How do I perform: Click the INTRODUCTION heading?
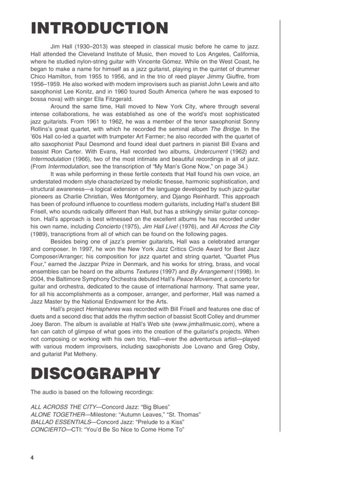coord(99,28)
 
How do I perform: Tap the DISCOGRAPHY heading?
coord(95,374)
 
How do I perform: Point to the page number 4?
coord(32,457)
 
